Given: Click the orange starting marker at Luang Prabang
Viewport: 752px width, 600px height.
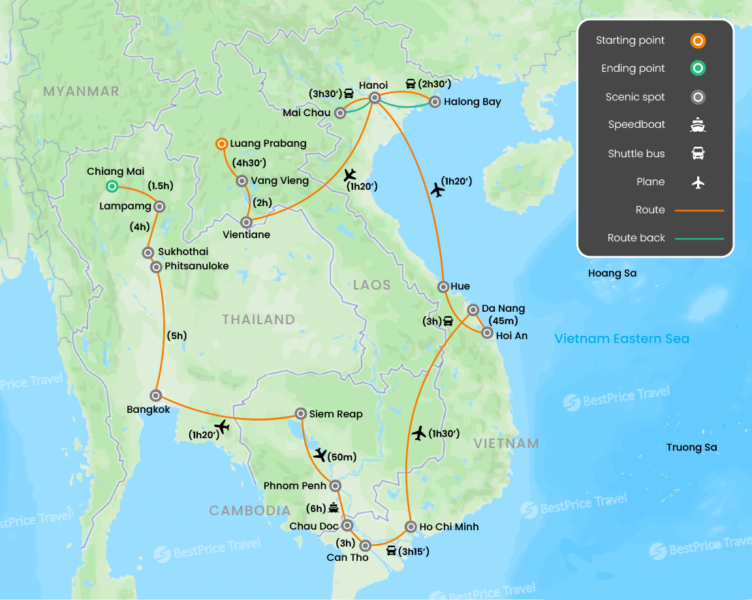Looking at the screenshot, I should (x=221, y=143).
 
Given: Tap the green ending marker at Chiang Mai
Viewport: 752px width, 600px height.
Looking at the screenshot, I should (x=112, y=187).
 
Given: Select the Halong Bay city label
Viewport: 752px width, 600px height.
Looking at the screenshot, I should (x=472, y=102).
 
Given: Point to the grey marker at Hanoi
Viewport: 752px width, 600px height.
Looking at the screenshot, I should (x=375, y=98).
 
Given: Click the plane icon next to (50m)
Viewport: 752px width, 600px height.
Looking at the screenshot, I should (x=320, y=455).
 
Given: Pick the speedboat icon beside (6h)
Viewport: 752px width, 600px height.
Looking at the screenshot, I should (x=334, y=508).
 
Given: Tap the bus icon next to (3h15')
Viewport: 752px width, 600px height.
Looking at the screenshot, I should (x=392, y=551).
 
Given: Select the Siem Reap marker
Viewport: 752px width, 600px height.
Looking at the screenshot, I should (x=301, y=413).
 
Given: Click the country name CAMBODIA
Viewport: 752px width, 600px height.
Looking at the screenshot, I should (x=249, y=511).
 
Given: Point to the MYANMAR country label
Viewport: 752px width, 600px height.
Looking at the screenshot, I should (x=81, y=91).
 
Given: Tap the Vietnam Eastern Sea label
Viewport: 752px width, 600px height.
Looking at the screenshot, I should (x=621, y=338).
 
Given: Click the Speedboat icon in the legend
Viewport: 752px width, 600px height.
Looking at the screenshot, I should (x=698, y=125).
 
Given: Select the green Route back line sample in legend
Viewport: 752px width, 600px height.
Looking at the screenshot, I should (x=699, y=239).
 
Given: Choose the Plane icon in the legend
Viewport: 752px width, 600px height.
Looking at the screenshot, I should (x=698, y=182).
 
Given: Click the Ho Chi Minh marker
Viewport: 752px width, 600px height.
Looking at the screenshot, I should (x=411, y=527).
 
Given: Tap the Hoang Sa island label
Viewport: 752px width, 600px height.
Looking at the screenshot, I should (x=612, y=273).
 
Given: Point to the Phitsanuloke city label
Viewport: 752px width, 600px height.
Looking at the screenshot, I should (x=196, y=267).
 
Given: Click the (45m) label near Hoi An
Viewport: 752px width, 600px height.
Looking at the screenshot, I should (x=503, y=320).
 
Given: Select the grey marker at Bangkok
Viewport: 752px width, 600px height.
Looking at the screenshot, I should (x=156, y=395).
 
